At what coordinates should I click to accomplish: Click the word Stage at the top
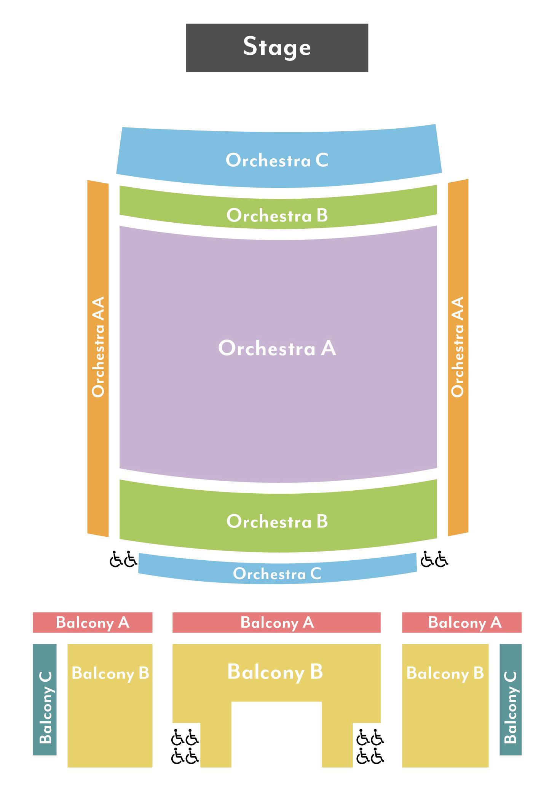pyautogui.click(x=277, y=47)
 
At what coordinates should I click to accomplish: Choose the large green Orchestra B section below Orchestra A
pyautogui.click(x=277, y=521)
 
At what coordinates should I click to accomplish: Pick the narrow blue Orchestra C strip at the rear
pyautogui.click(x=277, y=573)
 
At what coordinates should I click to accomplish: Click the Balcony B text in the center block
pyautogui.click(x=275, y=672)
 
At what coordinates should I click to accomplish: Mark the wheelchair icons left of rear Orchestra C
pyautogui.click(x=123, y=560)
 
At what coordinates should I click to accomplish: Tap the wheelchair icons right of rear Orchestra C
pyautogui.click(x=434, y=560)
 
